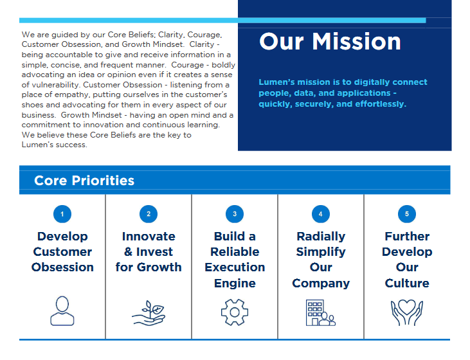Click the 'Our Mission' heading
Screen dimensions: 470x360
click(330, 41)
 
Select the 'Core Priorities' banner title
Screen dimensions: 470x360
click(84, 181)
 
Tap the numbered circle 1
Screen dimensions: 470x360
click(62, 214)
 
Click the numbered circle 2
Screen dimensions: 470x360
click(149, 214)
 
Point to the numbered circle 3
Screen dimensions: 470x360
click(235, 214)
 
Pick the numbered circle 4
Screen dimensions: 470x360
click(321, 214)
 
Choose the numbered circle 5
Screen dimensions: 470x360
click(407, 214)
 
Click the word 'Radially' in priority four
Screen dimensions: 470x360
click(321, 237)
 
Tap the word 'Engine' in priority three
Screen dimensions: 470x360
click(235, 283)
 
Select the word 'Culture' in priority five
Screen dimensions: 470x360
click(407, 283)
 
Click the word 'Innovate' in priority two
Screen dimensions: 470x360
click(149, 237)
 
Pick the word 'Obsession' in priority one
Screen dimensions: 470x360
click(62, 267)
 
